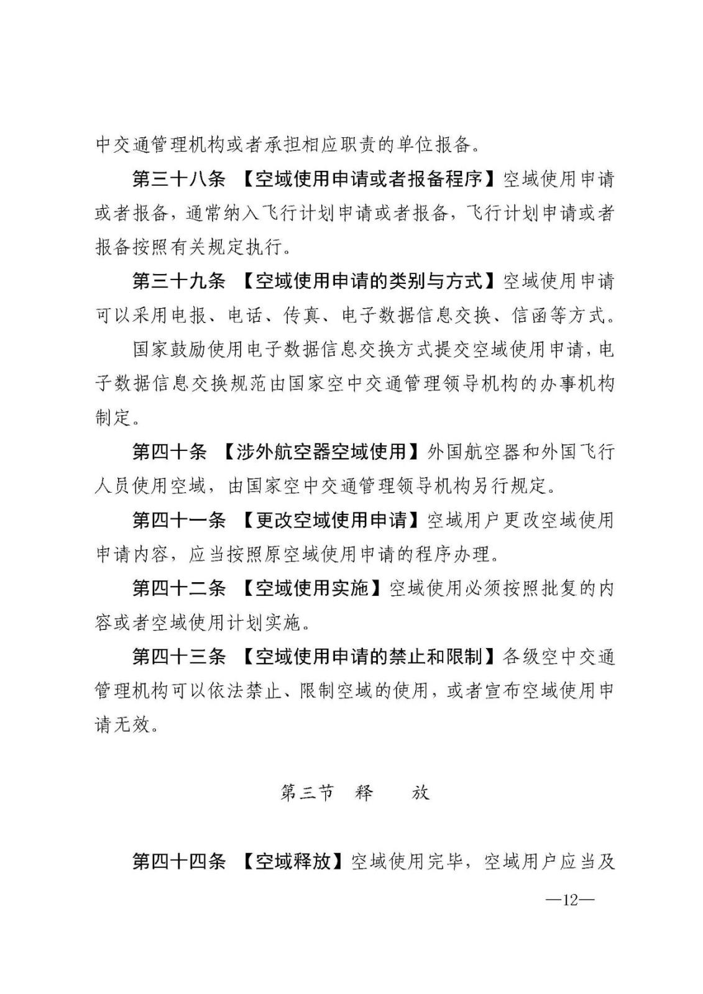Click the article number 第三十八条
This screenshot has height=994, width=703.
coord(179,180)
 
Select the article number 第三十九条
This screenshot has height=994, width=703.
coord(179,281)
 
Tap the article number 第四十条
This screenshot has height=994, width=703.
coord(170,451)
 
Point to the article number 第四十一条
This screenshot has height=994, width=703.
coord(179,519)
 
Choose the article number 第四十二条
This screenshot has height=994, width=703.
coord(179,587)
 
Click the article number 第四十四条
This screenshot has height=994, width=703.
coord(179,861)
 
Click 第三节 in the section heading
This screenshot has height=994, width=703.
coord(307,793)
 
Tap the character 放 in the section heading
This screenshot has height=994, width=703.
coord(421,793)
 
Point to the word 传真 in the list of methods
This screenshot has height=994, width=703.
coord(301,316)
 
